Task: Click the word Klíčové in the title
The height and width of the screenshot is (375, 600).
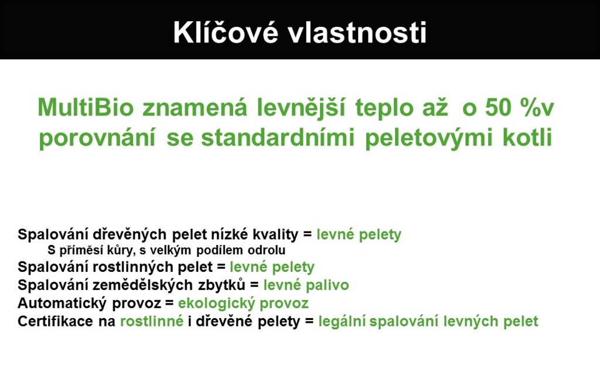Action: coord(226,32)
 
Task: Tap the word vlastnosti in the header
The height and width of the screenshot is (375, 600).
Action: coord(357,32)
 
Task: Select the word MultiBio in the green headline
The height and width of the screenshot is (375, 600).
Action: coord(86,108)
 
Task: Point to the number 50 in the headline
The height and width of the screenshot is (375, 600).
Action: coord(499,108)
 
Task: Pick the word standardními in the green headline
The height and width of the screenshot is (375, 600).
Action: coord(278,138)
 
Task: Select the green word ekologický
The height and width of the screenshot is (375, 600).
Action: coord(217,304)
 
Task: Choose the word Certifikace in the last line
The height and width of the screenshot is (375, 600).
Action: coord(55,322)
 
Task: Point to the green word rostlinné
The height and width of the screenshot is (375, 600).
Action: coord(152,322)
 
